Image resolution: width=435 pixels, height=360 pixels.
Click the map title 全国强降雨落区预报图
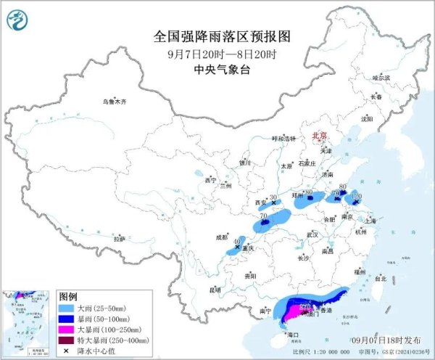coord(217,36)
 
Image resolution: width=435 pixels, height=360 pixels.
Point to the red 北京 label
coord(319,135)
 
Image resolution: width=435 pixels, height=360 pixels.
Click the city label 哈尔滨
coord(380,78)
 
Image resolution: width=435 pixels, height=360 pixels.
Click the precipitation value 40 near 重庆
coord(237,240)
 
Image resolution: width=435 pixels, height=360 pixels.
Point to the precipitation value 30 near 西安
coord(273,198)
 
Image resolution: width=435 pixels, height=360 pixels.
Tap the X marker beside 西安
coord(273,205)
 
